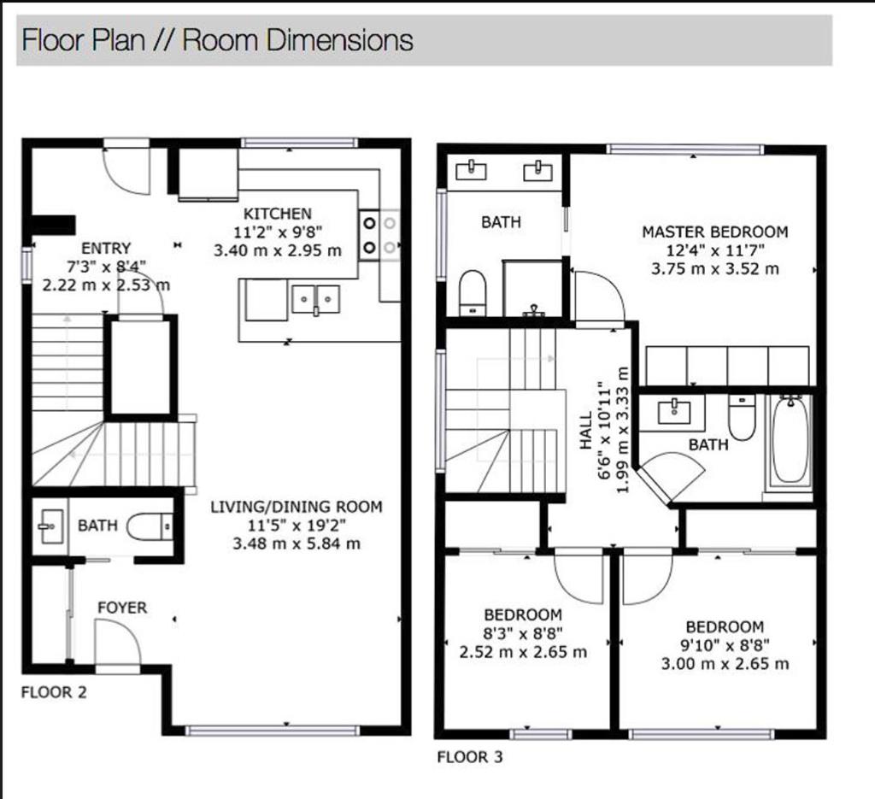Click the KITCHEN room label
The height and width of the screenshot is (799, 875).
pos(278,214)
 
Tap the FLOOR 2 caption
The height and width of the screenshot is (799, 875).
pos(54,692)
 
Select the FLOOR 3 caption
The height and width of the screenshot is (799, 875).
pos(470,757)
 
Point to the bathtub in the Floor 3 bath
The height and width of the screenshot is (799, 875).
pos(791,441)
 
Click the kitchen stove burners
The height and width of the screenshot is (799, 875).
pos(379,235)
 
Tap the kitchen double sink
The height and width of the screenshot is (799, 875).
pos(316,300)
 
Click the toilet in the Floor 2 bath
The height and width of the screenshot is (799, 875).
pos(150,526)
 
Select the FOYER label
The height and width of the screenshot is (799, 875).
pos(122,608)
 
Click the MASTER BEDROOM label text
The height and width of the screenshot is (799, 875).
pos(715,232)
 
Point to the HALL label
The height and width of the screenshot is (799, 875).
pos(585,430)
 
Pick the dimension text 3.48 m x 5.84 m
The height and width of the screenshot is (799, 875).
pos(297,543)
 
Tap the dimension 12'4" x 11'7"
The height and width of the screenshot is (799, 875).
pos(715,250)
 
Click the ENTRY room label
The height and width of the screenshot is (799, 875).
pos(106,248)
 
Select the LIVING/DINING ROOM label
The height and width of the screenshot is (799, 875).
pos(297,507)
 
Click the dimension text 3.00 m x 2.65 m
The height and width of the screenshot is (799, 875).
pos(725,664)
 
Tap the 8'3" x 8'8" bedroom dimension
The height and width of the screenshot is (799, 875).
pos(523,633)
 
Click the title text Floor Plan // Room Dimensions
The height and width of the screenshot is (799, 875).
pos(217,40)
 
